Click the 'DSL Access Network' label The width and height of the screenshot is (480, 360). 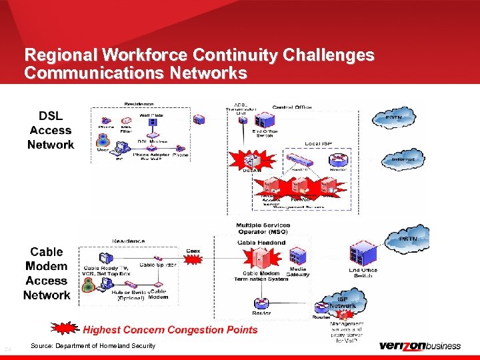[x=51, y=131]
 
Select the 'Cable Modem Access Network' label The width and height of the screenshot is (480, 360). [x=47, y=273]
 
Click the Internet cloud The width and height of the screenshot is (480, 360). [x=402, y=159]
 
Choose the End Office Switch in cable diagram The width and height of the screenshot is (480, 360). [x=362, y=253]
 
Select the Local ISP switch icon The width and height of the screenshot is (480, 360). [x=301, y=161]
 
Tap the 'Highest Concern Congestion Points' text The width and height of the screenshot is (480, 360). [x=170, y=329]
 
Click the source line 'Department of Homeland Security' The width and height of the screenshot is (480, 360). [x=93, y=345]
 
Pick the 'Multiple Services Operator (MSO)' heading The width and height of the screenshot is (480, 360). [x=263, y=229]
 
